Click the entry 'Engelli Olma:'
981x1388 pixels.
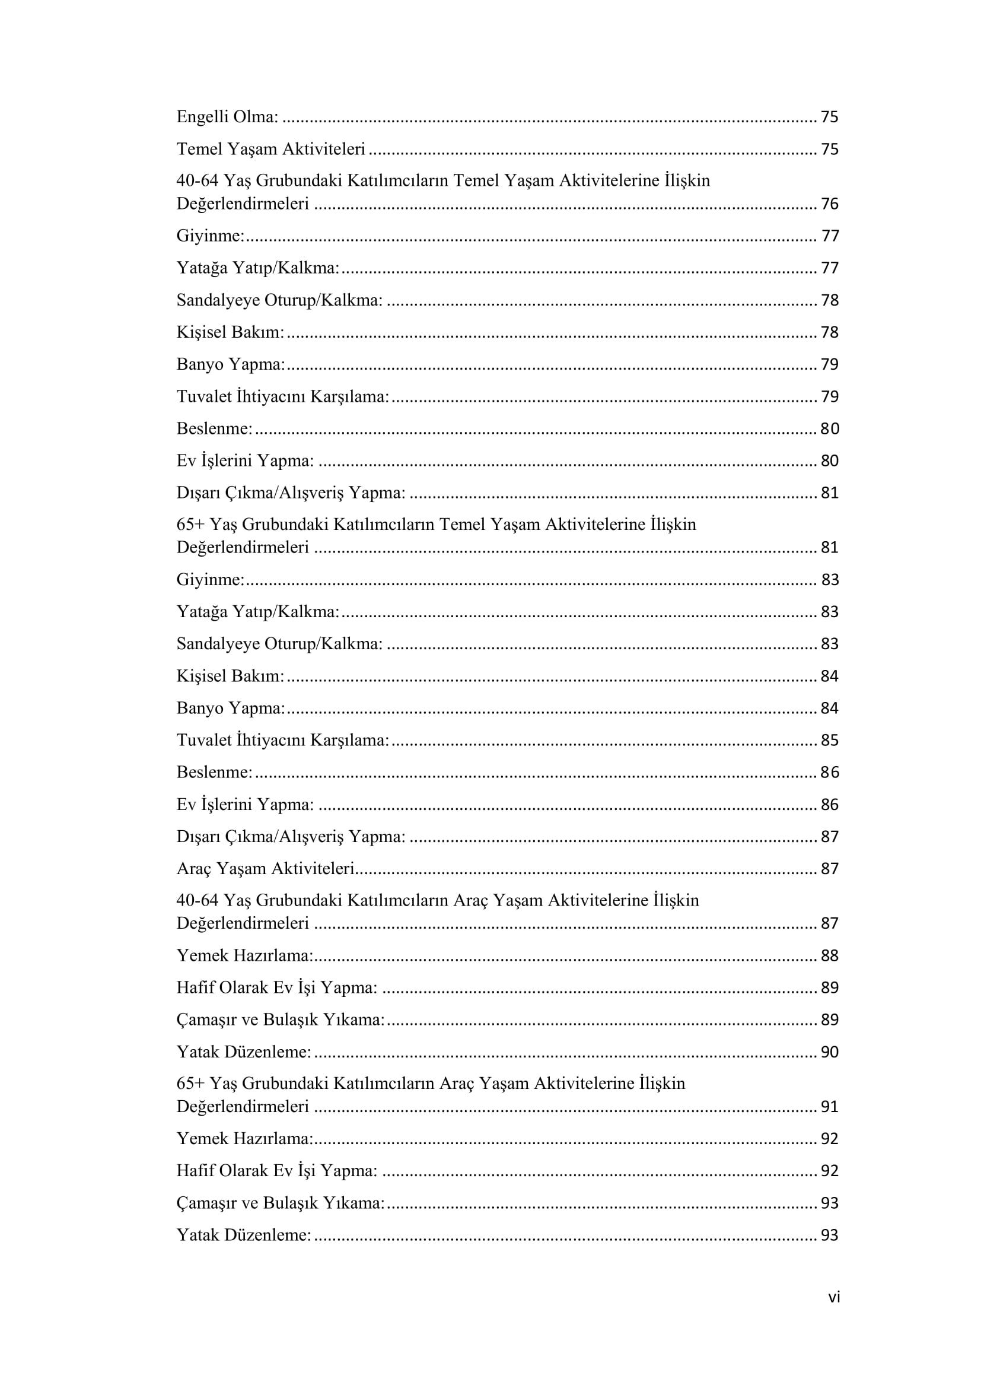point(227,117)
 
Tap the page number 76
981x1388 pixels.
point(829,204)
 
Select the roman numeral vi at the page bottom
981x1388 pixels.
point(833,1297)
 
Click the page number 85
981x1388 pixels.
point(829,740)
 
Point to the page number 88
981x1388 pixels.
point(829,955)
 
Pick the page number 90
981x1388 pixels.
point(829,1052)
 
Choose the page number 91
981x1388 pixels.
point(829,1106)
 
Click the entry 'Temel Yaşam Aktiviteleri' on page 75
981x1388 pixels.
point(270,149)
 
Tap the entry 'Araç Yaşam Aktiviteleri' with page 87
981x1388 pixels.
point(265,868)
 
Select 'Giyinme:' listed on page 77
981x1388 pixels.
point(210,235)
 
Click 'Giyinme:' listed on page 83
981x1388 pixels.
point(210,579)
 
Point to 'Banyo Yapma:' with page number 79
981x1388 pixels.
point(231,364)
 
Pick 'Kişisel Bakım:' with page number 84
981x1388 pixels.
point(230,675)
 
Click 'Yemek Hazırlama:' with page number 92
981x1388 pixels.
point(244,1138)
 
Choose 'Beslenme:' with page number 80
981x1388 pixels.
point(215,428)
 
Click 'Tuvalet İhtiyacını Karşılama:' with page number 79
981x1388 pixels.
point(283,396)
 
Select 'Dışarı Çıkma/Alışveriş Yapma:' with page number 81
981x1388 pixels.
point(291,493)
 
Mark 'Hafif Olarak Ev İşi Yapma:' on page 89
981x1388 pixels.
point(276,987)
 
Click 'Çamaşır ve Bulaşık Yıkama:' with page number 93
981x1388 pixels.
point(281,1202)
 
